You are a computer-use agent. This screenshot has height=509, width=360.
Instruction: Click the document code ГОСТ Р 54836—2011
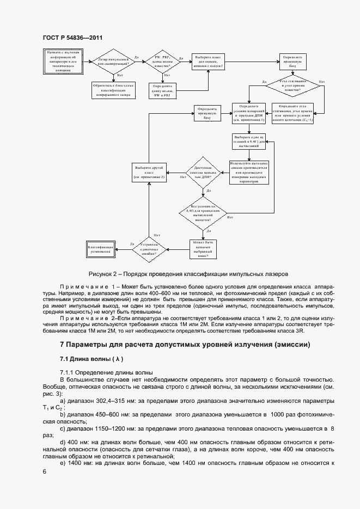click(72, 38)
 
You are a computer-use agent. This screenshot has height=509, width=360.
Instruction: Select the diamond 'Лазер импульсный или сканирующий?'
click(113, 63)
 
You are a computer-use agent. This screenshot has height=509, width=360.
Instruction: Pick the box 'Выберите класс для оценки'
click(209, 61)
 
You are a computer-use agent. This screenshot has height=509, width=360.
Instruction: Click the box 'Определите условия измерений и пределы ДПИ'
click(249, 113)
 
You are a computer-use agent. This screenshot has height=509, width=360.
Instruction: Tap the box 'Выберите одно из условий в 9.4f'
click(249, 142)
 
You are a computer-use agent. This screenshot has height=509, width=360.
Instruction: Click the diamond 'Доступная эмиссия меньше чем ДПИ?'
click(203, 172)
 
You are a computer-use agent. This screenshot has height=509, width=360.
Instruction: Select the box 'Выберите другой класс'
click(149, 173)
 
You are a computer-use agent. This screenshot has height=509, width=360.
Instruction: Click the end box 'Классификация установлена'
click(100, 249)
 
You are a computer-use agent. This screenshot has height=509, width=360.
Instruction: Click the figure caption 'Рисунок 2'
click(187, 273)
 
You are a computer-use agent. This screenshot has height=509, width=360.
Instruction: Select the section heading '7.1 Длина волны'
click(92, 359)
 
